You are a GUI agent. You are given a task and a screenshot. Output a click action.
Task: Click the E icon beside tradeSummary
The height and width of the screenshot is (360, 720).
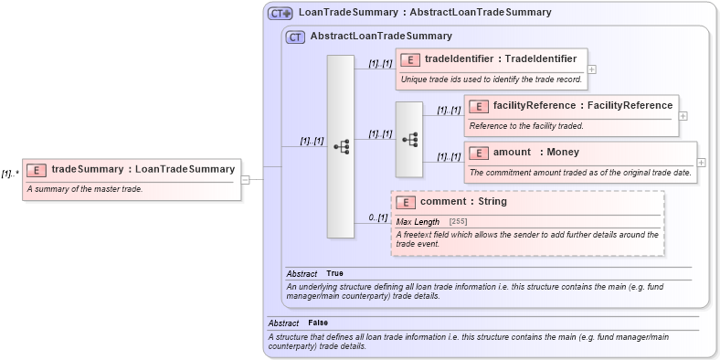coord(37,169)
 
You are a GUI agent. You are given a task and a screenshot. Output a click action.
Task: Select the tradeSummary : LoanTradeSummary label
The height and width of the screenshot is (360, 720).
coord(143,169)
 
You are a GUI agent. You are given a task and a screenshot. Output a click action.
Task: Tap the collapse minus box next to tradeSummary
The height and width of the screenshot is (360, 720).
coord(245,179)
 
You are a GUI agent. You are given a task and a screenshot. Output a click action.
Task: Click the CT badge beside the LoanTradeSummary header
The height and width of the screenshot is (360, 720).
coord(280,13)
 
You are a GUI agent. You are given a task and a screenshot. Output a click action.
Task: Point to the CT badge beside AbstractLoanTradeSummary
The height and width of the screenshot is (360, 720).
coord(295,37)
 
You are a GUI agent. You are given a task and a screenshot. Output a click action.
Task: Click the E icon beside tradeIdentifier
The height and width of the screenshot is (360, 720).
coord(411,59)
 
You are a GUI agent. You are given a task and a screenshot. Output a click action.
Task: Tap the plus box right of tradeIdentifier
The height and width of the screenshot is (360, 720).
coord(592,69)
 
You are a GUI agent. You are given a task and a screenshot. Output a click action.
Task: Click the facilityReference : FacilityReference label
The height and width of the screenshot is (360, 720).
coord(582,106)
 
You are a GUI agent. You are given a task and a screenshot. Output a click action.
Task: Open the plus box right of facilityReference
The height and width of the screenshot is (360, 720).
coord(683,116)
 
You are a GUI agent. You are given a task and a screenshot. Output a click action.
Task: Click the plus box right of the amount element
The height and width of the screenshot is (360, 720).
coord(701,162)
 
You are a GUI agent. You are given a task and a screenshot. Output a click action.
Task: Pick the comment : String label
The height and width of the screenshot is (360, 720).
coord(463,201)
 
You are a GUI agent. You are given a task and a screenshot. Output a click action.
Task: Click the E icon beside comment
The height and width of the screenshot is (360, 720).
coord(407,202)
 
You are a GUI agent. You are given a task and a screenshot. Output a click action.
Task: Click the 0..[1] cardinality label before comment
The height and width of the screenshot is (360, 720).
coord(378,217)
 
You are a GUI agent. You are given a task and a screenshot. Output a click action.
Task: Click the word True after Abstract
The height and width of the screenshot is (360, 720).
coord(334,273)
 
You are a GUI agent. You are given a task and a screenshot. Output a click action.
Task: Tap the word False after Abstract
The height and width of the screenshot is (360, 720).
coord(318,323)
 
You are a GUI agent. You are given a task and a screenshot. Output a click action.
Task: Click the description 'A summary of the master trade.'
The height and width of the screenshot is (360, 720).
coord(84,189)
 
